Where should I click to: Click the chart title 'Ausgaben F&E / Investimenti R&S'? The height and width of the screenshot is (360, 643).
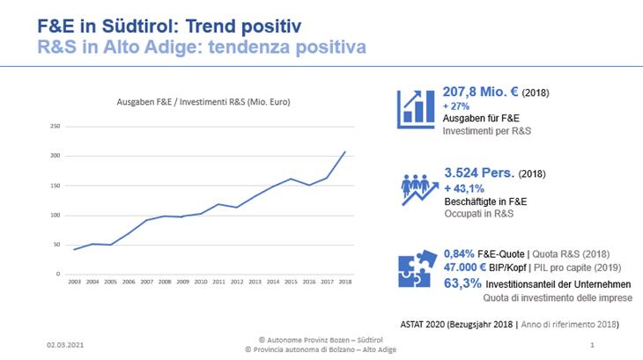click(204, 102)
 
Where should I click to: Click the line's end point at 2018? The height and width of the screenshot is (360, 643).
click(344, 152)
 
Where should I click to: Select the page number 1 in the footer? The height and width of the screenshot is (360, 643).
click(592, 344)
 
